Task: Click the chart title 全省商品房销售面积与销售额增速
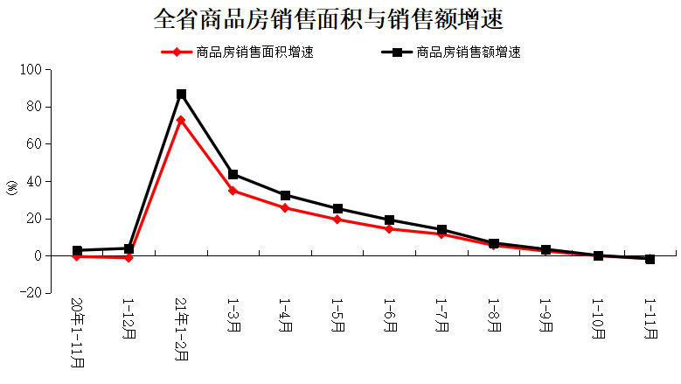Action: click(328, 18)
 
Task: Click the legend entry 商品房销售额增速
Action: click(469, 52)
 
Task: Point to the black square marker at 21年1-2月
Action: click(181, 94)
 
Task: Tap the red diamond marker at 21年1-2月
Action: click(181, 120)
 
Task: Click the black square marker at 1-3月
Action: click(233, 174)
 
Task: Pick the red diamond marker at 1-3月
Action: click(233, 191)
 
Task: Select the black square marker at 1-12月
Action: click(129, 248)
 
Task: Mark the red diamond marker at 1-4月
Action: click(285, 208)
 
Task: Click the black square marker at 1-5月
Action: click(337, 209)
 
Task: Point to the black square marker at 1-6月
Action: click(389, 220)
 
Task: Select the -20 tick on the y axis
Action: click(31, 294)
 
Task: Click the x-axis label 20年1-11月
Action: click(77, 333)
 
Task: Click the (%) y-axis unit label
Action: click(11, 187)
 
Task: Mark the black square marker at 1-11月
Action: click(650, 259)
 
